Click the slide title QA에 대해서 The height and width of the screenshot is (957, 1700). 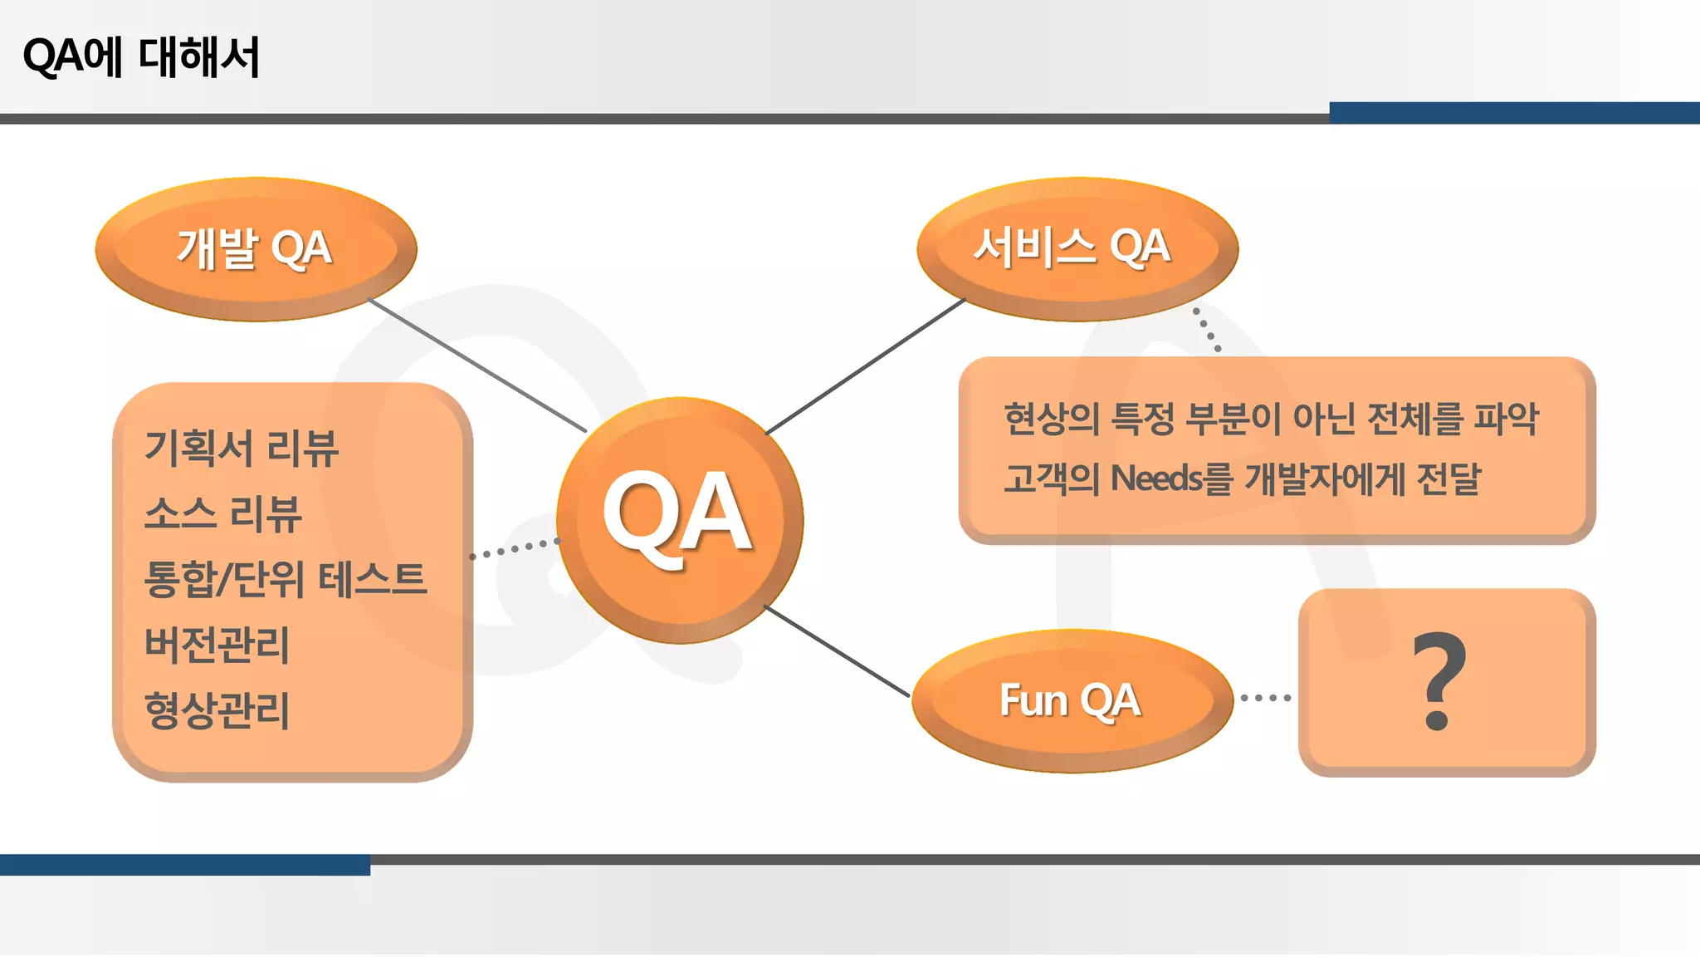[141, 57]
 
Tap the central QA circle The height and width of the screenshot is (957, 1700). [679, 519]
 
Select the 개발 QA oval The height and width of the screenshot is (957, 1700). [256, 248]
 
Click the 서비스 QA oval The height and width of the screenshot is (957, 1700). [1077, 248]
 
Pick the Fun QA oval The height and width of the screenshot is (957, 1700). [1071, 700]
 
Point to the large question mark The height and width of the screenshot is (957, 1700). [1440, 681]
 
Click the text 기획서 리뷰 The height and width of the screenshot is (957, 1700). [241, 449]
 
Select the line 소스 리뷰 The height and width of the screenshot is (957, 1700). [222, 513]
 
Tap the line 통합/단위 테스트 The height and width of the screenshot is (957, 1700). [285, 579]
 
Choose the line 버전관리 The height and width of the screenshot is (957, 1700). [217, 645]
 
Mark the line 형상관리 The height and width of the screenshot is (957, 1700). [217, 710]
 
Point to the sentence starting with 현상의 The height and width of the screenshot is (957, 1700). [1270, 419]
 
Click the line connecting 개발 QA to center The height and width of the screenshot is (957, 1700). [477, 366]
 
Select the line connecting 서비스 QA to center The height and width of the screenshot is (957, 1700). [866, 366]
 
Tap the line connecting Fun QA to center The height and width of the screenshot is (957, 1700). [836, 651]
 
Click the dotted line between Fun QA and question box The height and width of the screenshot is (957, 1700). [1265, 698]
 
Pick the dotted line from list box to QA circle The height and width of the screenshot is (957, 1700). [514, 548]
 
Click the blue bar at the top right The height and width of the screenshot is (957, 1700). [1514, 113]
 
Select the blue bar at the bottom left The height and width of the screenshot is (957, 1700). [184, 865]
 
